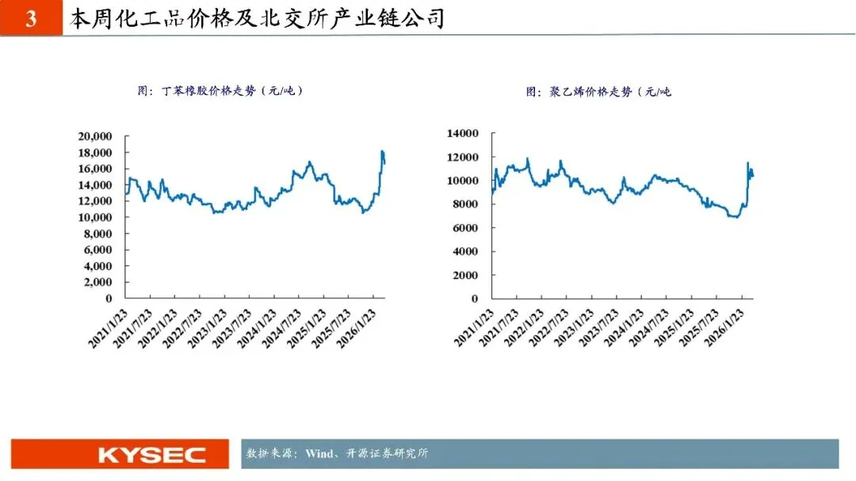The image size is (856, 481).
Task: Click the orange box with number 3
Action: [x=31, y=18]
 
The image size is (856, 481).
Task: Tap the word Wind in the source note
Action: [x=319, y=453]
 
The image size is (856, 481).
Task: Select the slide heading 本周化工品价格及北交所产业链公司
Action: [x=257, y=18]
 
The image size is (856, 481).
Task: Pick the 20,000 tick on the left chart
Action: [x=95, y=136]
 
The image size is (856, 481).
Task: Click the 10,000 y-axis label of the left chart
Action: [x=95, y=217]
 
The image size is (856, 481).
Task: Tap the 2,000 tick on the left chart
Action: [x=97, y=282]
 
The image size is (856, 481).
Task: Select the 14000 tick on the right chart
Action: [x=462, y=133]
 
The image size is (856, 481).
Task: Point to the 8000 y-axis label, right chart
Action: [x=465, y=204]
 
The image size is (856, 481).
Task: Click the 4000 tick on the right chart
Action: [x=465, y=251]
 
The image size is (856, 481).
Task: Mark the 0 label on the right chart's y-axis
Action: [x=475, y=299]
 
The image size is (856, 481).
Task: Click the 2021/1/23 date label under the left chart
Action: [x=108, y=328]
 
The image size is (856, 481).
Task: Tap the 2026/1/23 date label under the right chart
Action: [x=724, y=328]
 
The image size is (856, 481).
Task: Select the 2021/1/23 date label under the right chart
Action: [x=474, y=328]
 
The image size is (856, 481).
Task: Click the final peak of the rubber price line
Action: [x=383, y=151]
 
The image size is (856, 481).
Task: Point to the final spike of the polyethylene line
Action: [x=748, y=162]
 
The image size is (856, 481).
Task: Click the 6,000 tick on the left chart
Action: [x=97, y=250]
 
